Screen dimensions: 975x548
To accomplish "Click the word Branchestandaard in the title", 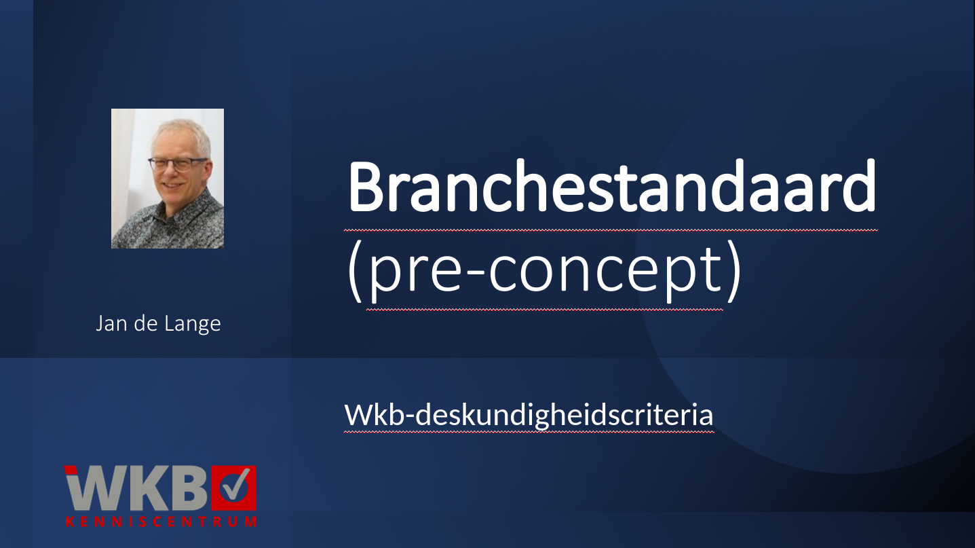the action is [611, 186].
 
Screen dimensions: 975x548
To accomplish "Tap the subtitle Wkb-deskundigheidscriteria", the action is [529, 415].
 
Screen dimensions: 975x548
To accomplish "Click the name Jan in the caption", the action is [111, 324].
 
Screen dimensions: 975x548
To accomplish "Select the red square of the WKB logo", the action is [233, 488].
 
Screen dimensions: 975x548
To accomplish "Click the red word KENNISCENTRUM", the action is [161, 522].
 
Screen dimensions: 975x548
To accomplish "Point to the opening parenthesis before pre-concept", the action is [355, 272].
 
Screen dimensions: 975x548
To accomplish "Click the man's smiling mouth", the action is [172, 185].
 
